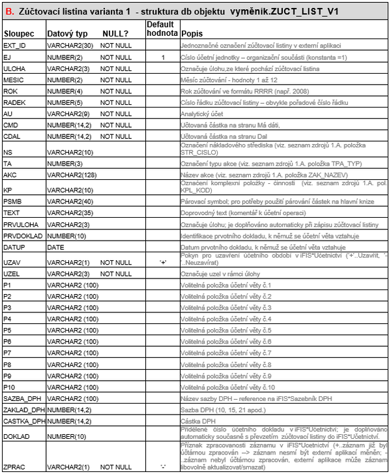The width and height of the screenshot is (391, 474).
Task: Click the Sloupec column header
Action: pos(19,33)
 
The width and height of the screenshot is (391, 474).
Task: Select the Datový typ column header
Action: pos(66,33)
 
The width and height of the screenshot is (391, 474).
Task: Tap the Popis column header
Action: pos(192,33)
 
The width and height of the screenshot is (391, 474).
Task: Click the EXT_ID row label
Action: pos(15,46)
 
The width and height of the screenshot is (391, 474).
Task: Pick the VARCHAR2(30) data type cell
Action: pos(69,46)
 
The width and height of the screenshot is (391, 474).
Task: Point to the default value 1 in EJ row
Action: pos(163,57)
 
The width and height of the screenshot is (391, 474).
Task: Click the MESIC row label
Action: pos(14,79)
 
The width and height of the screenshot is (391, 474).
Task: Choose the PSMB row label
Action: pos(13,201)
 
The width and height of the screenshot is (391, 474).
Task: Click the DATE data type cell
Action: pos(56,247)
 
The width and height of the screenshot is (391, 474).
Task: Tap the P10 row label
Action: pos(10,387)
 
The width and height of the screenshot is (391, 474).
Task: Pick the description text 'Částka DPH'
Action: pos(199,421)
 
